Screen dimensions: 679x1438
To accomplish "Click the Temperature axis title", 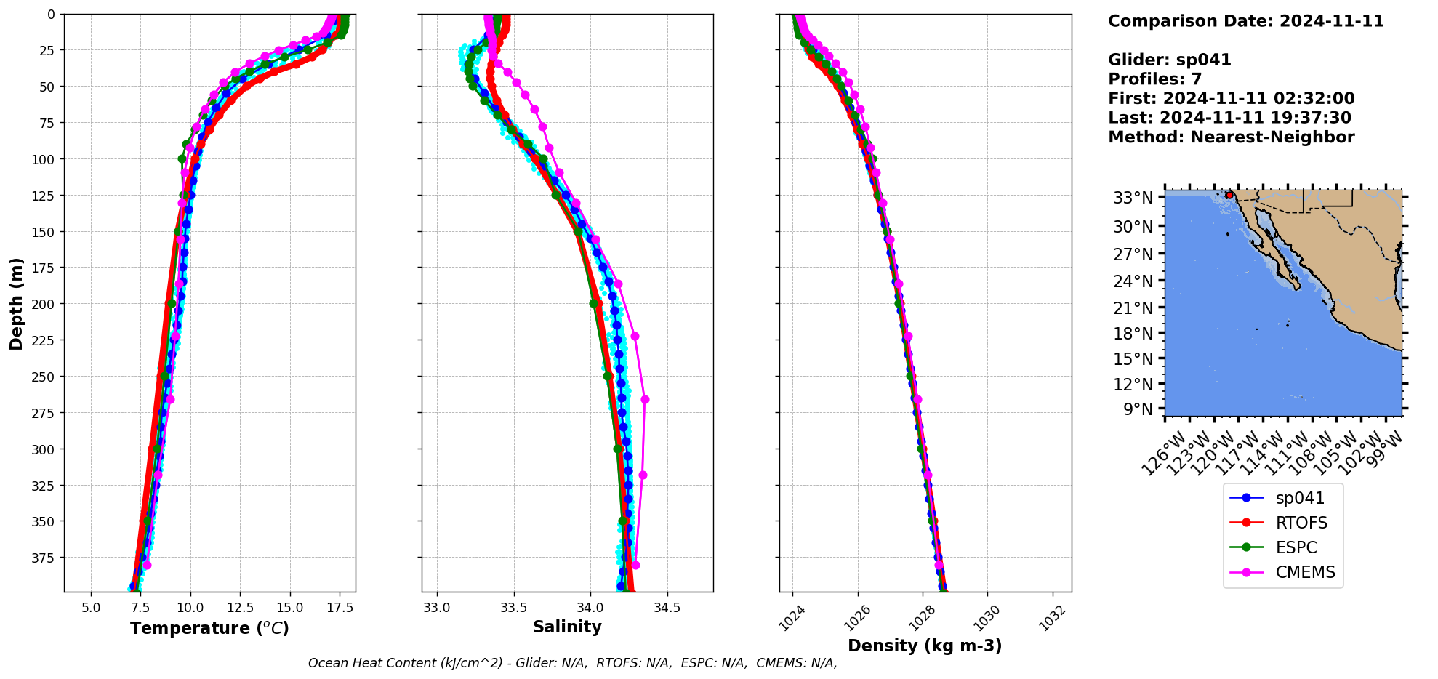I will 209,628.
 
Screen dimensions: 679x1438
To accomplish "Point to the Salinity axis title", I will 567,627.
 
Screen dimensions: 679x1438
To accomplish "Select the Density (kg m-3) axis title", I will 925,646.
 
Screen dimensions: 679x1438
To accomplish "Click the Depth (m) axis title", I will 16,303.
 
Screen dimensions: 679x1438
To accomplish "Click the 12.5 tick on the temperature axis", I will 240,607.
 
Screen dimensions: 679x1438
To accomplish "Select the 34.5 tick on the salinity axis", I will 667,607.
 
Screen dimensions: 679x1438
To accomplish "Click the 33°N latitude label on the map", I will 1133,198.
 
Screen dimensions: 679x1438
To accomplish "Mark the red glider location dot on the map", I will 1229,195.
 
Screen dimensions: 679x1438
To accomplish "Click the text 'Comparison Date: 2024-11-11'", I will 1245,21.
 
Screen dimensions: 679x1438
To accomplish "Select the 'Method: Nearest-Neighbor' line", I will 1231,137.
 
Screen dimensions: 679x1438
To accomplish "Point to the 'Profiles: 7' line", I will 1154,79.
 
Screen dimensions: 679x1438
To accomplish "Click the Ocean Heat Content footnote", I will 572,663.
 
